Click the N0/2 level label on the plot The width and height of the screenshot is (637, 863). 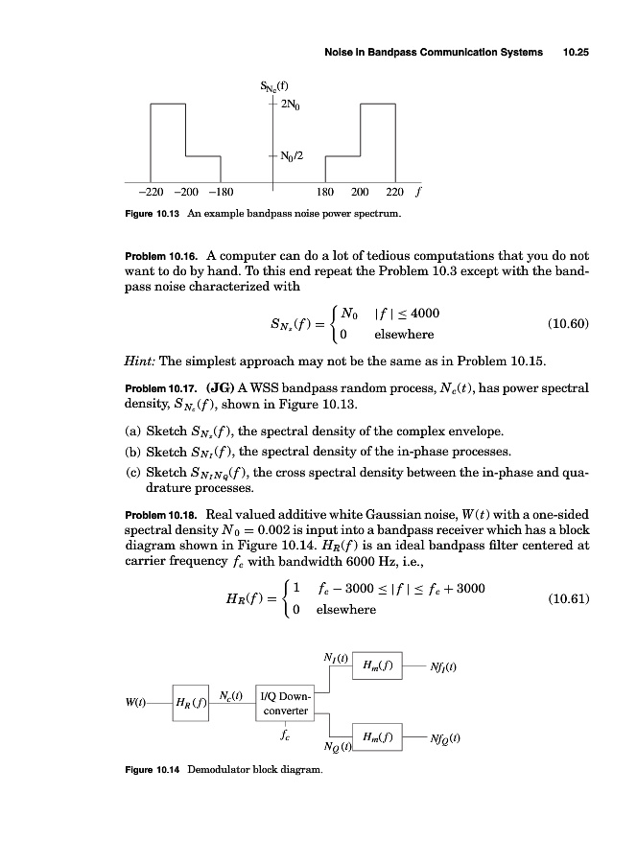click(x=292, y=155)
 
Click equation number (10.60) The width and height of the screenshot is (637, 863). click(x=567, y=324)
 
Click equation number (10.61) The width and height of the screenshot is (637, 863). click(x=567, y=599)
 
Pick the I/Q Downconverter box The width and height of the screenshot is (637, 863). click(x=285, y=703)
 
